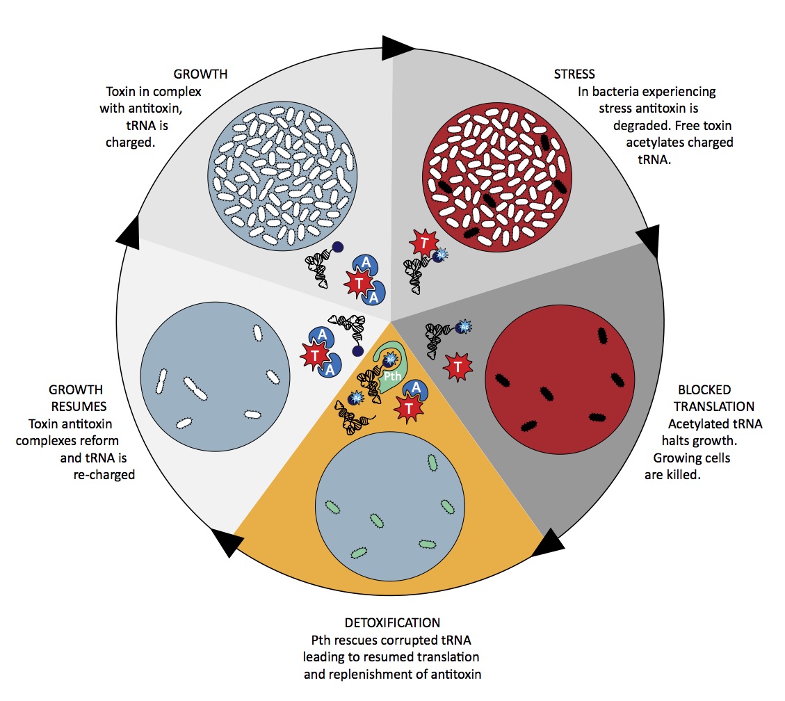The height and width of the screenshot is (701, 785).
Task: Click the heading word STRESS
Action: (574, 74)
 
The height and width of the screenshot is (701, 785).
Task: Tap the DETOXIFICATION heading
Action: (392, 623)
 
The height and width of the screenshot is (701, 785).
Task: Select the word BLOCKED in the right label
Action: (704, 389)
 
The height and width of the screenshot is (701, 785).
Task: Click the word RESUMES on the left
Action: (79, 407)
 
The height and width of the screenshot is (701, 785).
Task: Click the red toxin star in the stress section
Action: (424, 243)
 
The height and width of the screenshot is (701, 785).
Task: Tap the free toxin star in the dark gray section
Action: (458, 367)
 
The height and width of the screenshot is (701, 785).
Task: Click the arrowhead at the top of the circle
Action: (397, 48)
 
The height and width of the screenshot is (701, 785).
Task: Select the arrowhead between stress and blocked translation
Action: (649, 241)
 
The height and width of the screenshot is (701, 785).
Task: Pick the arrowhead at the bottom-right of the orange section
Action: (548, 544)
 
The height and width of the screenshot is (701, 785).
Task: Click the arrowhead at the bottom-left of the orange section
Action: (227, 542)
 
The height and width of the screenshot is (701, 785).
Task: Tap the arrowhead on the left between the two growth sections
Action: (129, 232)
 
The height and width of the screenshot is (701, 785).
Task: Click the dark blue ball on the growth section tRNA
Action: (338, 247)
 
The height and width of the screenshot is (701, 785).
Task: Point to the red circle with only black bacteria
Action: (560, 380)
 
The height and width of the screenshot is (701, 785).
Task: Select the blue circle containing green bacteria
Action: (390, 506)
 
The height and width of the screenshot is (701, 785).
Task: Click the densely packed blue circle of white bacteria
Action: (282, 176)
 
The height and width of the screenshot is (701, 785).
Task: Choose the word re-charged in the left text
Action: (104, 475)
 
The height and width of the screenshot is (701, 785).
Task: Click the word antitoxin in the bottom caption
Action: (456, 675)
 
